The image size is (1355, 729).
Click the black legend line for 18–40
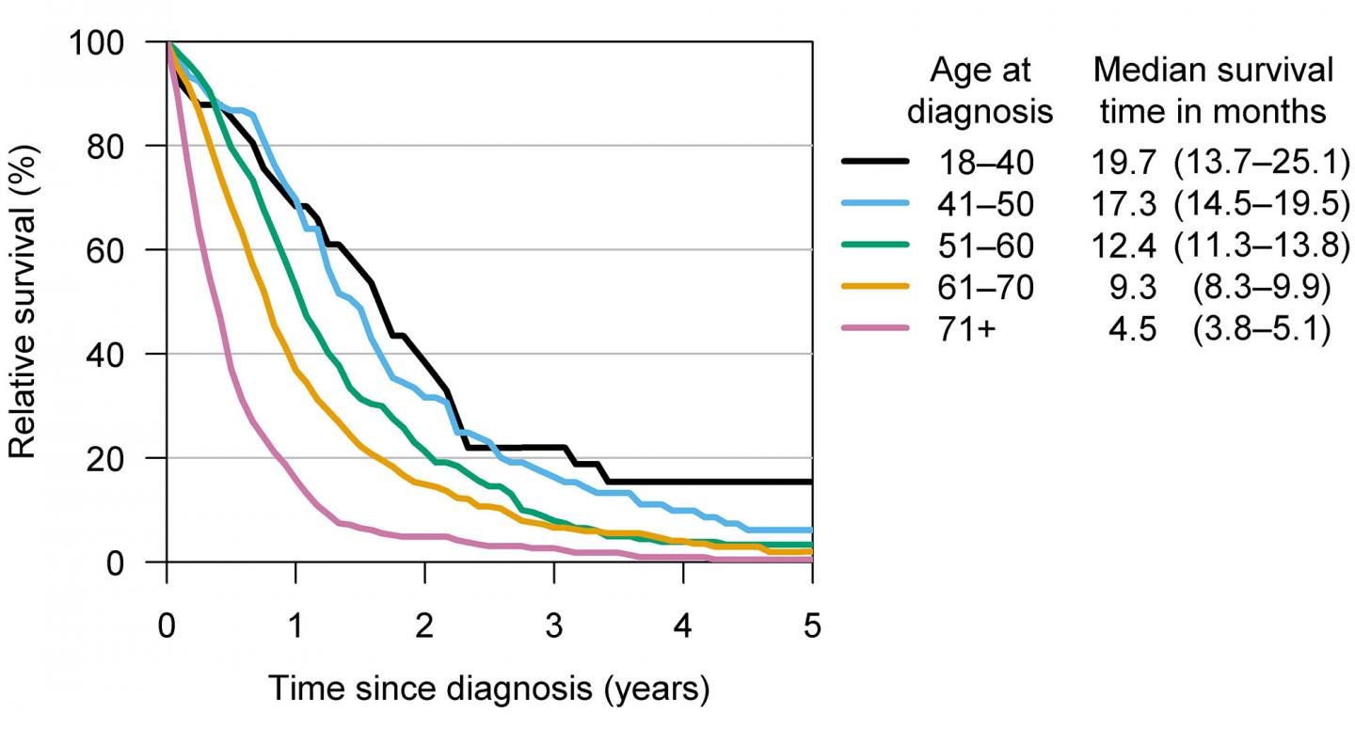coord(874,163)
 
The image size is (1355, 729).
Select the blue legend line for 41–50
coord(874,204)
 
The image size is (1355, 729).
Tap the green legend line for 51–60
coord(874,245)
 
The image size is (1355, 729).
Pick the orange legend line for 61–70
coord(874,286)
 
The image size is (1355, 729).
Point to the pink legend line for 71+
coord(874,327)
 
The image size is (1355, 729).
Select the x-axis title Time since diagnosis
coord(489,689)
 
